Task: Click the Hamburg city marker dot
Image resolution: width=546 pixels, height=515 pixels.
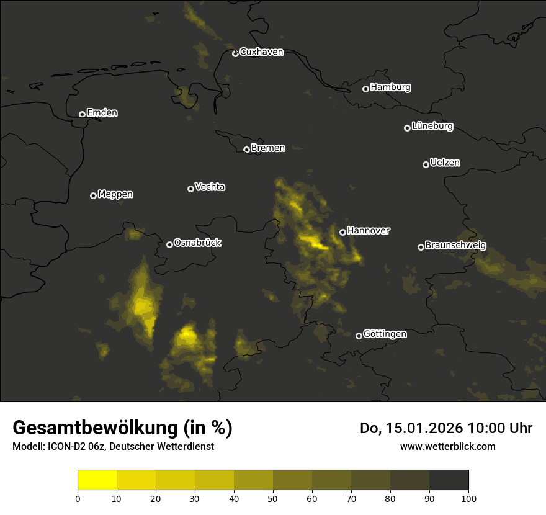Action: [x=365, y=89]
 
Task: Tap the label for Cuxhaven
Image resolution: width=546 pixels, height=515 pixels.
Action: [x=261, y=52]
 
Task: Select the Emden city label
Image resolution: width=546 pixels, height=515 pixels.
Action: [x=102, y=113]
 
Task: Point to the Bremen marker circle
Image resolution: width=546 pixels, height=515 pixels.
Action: [x=246, y=150]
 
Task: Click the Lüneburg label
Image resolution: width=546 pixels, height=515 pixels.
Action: [x=432, y=127]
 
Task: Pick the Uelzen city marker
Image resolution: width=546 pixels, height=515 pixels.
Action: [x=426, y=164]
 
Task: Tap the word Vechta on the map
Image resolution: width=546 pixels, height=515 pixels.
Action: [x=210, y=187]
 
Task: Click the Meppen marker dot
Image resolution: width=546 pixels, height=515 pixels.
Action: [x=93, y=195]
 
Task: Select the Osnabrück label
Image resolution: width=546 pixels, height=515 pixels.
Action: [x=197, y=243]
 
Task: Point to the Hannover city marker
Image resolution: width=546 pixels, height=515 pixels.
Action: [x=342, y=232]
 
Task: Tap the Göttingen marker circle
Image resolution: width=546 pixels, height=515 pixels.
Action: [x=359, y=336]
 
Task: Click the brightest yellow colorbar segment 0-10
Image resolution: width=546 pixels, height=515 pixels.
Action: [x=97, y=480]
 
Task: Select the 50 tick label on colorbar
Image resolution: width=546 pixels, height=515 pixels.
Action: [x=273, y=498]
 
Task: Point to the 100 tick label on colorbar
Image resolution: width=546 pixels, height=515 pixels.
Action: [x=468, y=498]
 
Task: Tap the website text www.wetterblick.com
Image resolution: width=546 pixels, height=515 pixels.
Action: [x=447, y=446]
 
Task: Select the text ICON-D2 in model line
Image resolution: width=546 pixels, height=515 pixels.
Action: [x=66, y=447]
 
